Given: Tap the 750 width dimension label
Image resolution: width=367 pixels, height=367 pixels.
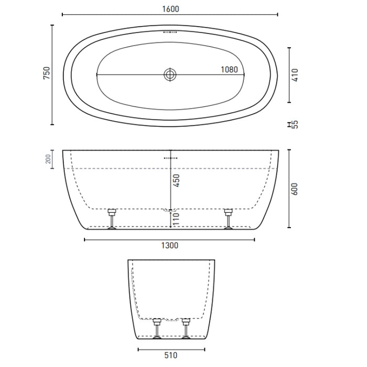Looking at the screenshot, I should pyautogui.click(x=46, y=73).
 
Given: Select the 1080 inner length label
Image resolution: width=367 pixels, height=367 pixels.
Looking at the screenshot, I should pyautogui.click(x=229, y=69).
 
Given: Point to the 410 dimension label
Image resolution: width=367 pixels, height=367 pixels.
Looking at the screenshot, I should pyautogui.click(x=295, y=74).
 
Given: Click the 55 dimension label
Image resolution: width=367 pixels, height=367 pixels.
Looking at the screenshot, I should pyautogui.click(x=295, y=124).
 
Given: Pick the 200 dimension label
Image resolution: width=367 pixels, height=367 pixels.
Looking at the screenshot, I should pyautogui.click(x=49, y=159).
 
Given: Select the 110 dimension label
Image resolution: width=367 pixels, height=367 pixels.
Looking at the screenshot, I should pyautogui.click(x=176, y=218).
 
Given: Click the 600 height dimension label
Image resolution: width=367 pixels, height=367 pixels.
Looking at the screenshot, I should pyautogui.click(x=295, y=189).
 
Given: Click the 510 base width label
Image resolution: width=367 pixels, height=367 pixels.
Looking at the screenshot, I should pyautogui.click(x=170, y=355).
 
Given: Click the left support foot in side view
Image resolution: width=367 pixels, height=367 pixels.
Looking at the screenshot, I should pyautogui.click(x=112, y=219).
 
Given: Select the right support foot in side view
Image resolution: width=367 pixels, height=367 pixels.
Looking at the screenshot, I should pyautogui.click(x=228, y=219).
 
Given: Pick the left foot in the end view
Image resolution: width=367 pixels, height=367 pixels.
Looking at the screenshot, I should pyautogui.click(x=156, y=328).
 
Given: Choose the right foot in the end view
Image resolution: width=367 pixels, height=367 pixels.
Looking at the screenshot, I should pyautogui.click(x=185, y=328).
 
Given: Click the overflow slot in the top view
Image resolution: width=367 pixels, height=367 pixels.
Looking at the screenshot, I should pyautogui.click(x=170, y=32).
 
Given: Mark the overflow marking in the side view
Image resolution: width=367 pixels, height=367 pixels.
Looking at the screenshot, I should pyautogui.click(x=170, y=157).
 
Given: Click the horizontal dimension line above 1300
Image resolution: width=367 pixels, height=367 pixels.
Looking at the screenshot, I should pyautogui.click(x=170, y=240).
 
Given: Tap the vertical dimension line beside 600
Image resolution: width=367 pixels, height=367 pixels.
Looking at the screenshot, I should pyautogui.click(x=289, y=189).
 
